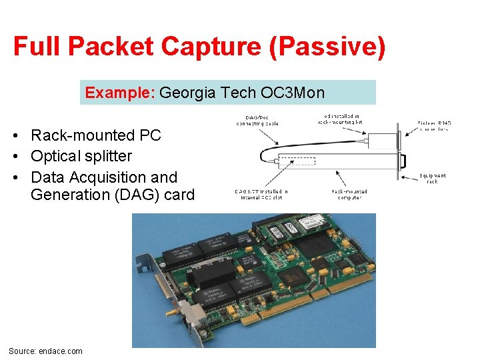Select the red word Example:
[x=120, y=93]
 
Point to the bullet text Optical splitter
[x=81, y=156]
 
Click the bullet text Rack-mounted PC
[x=96, y=135]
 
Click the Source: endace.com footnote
[x=45, y=351]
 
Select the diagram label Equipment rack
[x=433, y=179]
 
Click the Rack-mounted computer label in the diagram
[x=349, y=195]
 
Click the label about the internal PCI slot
[x=261, y=195]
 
